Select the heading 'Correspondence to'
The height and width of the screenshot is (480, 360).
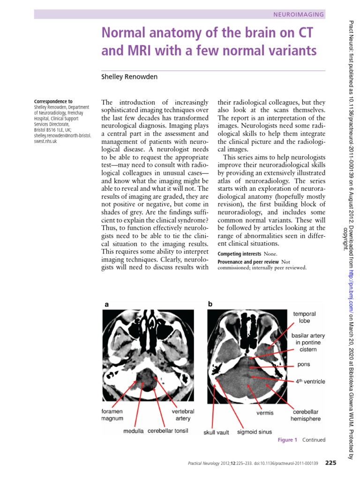click(53, 101)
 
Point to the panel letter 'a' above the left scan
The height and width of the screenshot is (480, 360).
click(107, 304)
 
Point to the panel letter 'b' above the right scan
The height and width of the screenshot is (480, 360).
click(210, 304)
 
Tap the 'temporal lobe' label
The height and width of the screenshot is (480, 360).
click(304, 317)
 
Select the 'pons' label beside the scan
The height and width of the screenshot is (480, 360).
click(303, 364)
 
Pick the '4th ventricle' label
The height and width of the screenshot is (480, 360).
click(310, 382)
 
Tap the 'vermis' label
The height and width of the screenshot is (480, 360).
click(265, 413)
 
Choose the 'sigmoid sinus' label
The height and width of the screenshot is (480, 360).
click(254, 432)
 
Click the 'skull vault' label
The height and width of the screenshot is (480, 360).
click(216, 433)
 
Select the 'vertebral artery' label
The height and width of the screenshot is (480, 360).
click(183, 414)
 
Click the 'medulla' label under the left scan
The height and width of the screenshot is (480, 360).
click(134, 431)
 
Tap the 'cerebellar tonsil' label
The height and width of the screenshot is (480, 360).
click(168, 431)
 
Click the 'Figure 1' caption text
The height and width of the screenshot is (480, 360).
click(287, 440)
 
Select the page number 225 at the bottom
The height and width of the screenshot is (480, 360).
click(330, 463)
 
